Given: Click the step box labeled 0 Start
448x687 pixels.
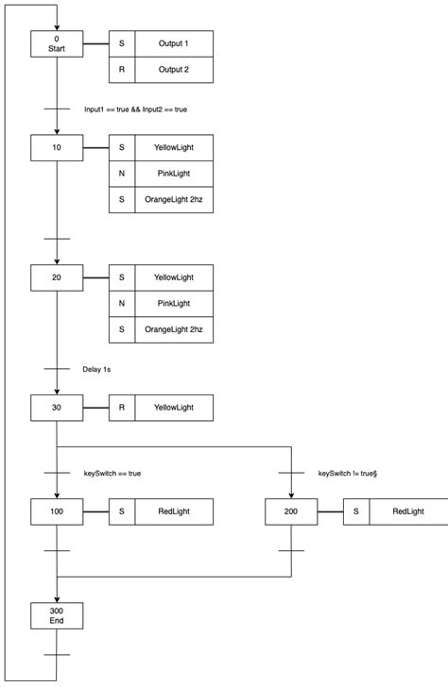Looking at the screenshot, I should tap(57, 44).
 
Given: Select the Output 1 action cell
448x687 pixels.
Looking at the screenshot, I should tap(174, 44).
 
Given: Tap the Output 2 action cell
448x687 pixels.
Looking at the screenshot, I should tap(174, 71).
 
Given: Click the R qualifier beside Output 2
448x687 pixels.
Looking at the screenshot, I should tap(122, 71).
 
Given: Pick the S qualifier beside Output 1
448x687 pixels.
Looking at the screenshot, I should tap(122, 44).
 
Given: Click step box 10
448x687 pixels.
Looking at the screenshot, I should tap(57, 148).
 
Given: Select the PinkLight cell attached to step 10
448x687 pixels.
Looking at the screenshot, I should tap(174, 174).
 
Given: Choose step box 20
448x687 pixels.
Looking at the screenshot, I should tap(57, 277).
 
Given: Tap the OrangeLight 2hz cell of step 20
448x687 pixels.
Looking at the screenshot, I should tap(174, 329).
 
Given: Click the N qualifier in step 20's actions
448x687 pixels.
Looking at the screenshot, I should tap(122, 303).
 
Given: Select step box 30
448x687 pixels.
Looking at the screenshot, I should tap(57, 408).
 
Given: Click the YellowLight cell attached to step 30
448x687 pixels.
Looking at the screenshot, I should tap(174, 408).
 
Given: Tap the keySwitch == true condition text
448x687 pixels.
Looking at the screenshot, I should tap(112, 473).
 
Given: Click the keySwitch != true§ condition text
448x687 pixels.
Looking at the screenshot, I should tap(349, 473).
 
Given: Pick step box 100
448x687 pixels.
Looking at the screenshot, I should tap(57, 511).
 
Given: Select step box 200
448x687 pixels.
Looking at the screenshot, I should tap(291, 511).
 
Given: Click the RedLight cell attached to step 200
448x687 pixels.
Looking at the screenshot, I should tap(408, 511).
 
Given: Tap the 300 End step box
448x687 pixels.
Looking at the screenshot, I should tap(57, 615).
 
